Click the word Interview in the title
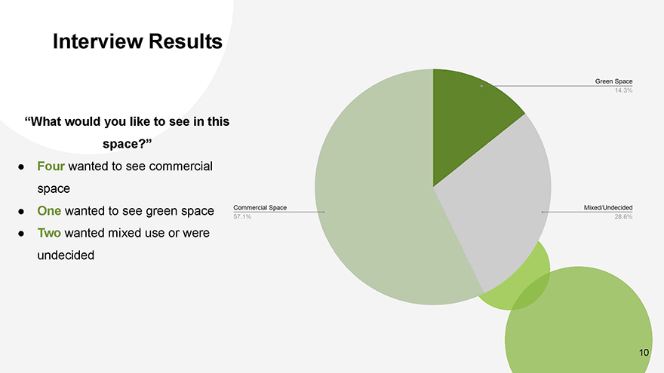(98, 41)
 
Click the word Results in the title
(185, 41)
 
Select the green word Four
(51, 167)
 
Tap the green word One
(49, 210)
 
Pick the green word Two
(49, 233)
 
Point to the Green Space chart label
(613, 81)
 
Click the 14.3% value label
(624, 90)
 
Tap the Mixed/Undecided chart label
(608, 208)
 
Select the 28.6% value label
(624, 217)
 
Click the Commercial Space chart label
(260, 208)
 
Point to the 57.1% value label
(242, 217)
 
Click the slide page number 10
(644, 353)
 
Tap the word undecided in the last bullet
(66, 255)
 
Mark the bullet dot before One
(21, 211)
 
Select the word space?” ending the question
(127, 144)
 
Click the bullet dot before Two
(21, 234)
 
